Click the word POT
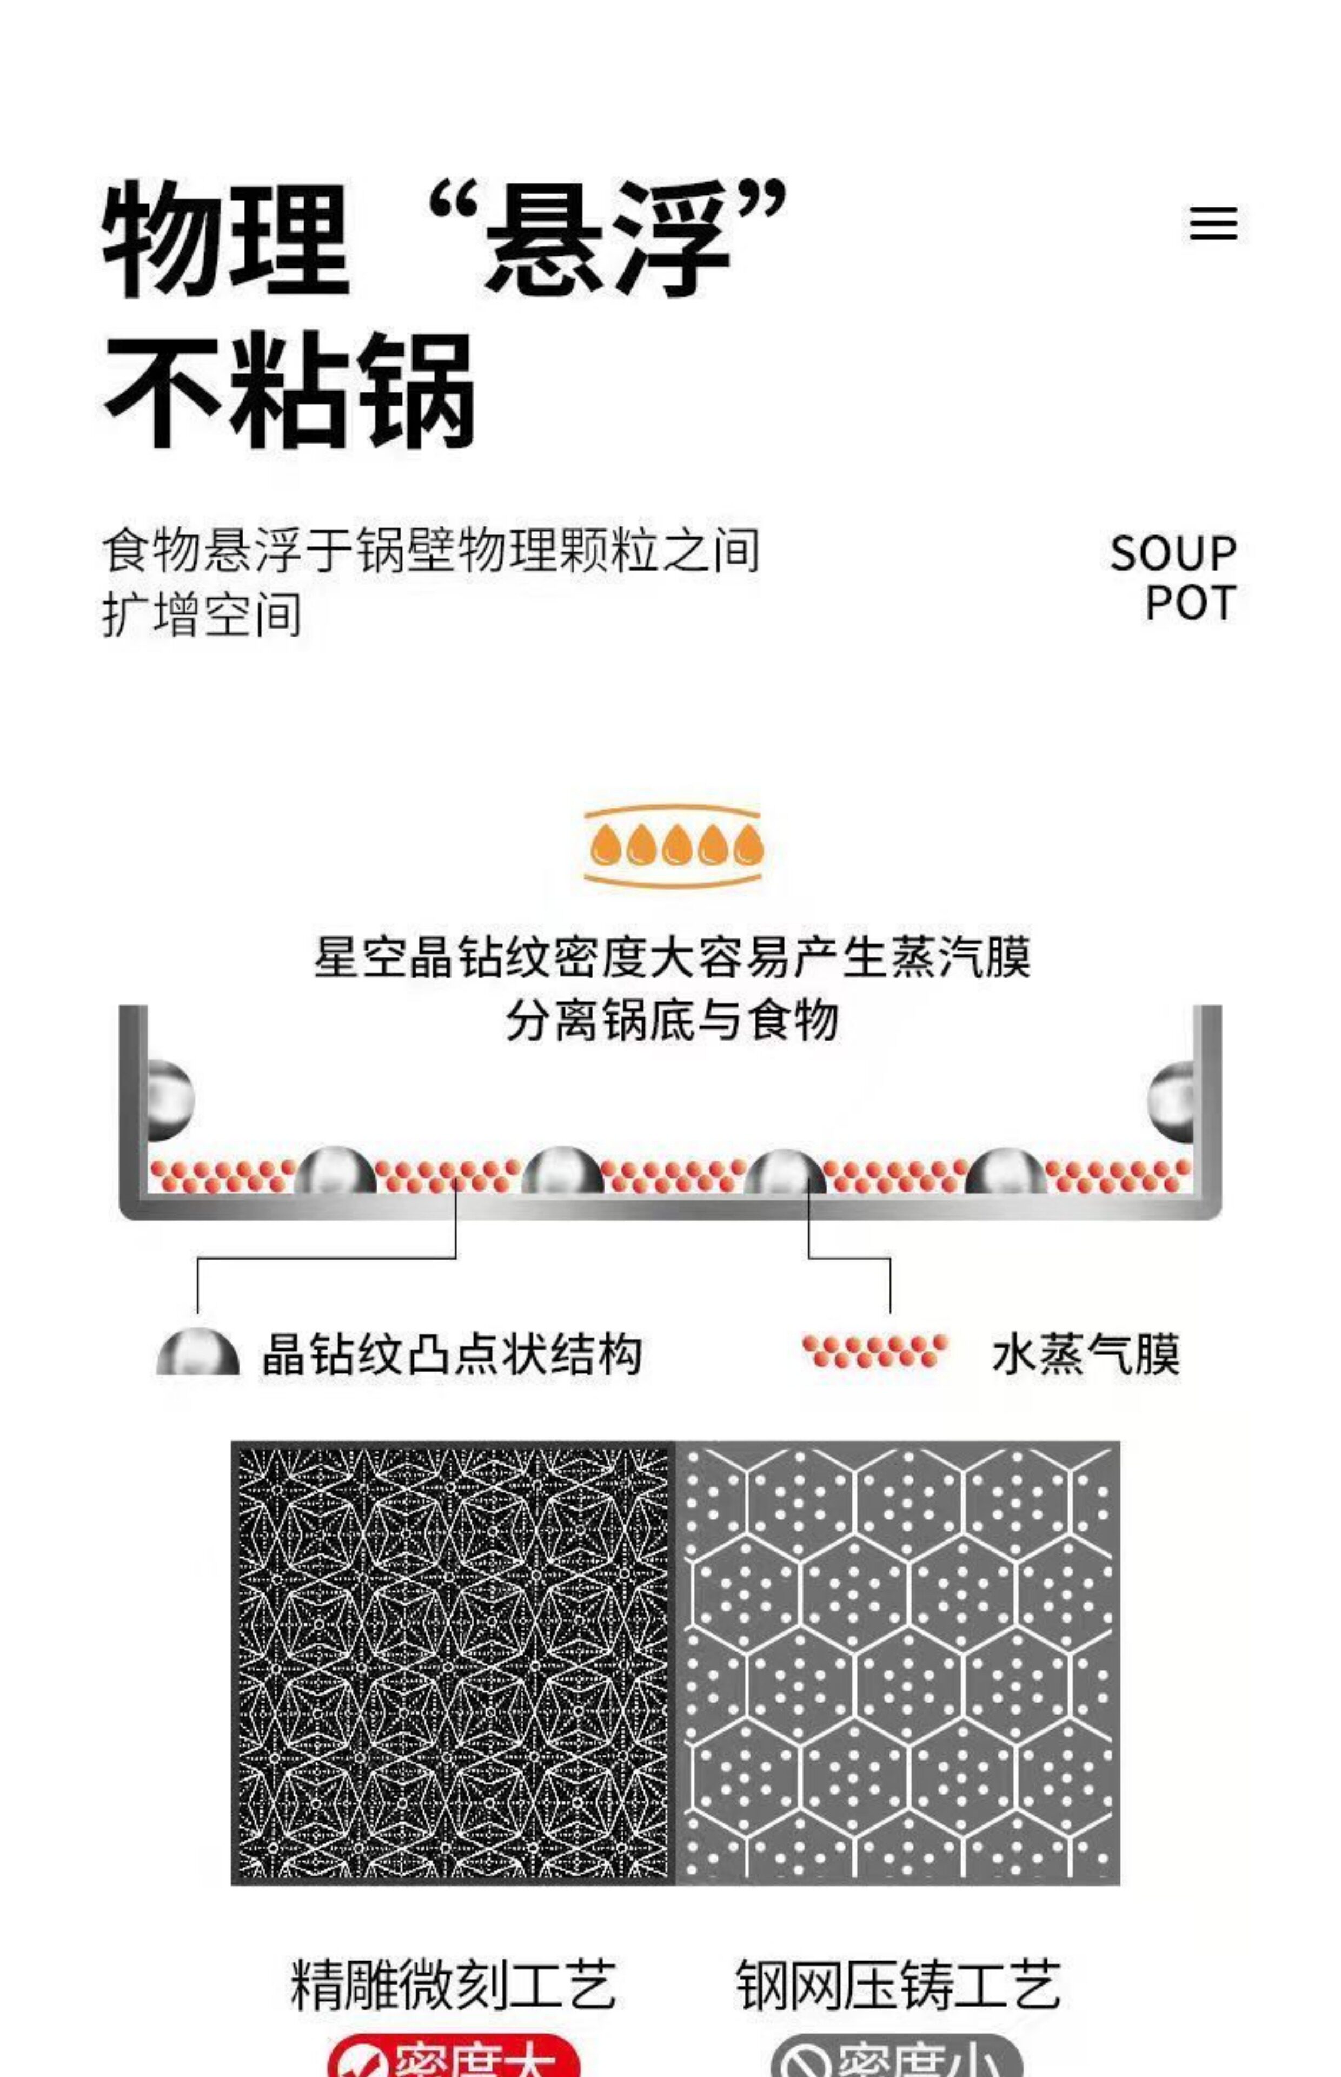pos(1190,603)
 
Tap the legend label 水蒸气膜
pos(1086,1354)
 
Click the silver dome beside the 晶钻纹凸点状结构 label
pos(198,1354)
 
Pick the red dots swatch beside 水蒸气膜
pos(874,1351)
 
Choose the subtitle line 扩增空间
pos(202,615)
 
